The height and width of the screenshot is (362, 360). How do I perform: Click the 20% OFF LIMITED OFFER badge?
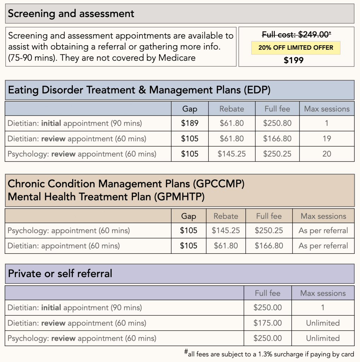pyautogui.click(x=296, y=47)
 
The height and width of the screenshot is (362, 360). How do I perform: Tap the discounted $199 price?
pyautogui.click(x=294, y=60)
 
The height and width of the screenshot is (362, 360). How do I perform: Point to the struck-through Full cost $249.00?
pyautogui.click(x=296, y=35)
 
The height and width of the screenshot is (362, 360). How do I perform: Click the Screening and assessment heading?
pyautogui.click(x=71, y=14)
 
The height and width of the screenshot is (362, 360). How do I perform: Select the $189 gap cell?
pyautogui.click(x=190, y=123)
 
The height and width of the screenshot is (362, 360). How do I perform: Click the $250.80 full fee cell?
pyautogui.click(x=277, y=123)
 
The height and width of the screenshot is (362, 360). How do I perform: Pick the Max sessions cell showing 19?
pyautogui.click(x=326, y=139)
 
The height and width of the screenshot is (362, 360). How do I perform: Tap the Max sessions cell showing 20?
pyautogui.click(x=326, y=154)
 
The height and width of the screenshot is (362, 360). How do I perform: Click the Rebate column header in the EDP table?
pyautogui.click(x=232, y=109)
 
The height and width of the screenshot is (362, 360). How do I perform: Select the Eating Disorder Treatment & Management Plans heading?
pyautogui.click(x=139, y=90)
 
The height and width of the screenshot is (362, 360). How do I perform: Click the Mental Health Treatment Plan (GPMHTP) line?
pyautogui.click(x=106, y=197)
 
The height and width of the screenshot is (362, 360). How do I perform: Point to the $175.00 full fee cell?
pyautogui.click(x=268, y=323)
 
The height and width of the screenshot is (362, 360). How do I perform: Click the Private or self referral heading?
pyautogui.click(x=60, y=273)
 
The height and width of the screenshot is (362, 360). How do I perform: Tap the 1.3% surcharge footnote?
pyautogui.click(x=269, y=353)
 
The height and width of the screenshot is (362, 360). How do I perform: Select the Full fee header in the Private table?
pyautogui.click(x=268, y=293)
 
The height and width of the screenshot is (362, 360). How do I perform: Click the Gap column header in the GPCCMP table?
pyautogui.click(x=188, y=216)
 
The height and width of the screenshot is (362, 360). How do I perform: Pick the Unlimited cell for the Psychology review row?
pyautogui.click(x=323, y=338)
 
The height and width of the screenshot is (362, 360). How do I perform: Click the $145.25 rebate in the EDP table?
pyautogui.click(x=232, y=154)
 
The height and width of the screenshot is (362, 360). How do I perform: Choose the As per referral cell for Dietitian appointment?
pyautogui.click(x=323, y=246)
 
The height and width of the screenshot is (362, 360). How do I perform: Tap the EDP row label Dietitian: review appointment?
pyautogui.click(x=77, y=139)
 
